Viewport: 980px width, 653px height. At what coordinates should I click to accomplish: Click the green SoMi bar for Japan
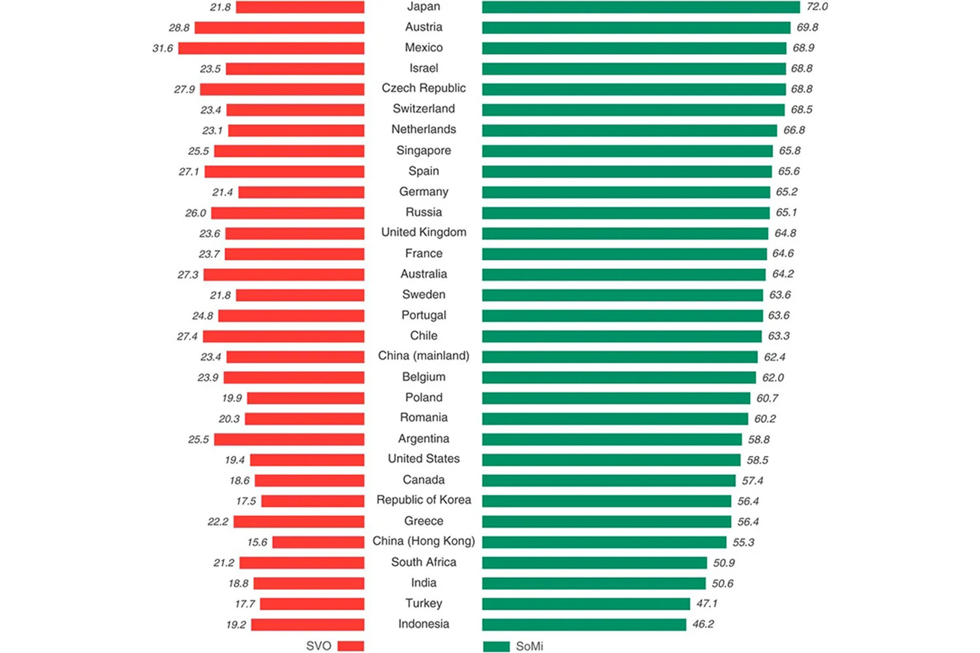pyautogui.click(x=640, y=7)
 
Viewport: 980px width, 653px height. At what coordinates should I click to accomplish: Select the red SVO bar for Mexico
pyautogui.click(x=271, y=48)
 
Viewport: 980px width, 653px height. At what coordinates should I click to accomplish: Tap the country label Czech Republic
pyautogui.click(x=423, y=88)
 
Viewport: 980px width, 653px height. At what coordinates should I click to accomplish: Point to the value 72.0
pyautogui.click(x=817, y=7)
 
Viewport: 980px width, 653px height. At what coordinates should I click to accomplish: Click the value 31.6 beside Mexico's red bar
pyautogui.click(x=163, y=48)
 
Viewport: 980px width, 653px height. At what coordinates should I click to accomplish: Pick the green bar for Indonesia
pyautogui.click(x=584, y=625)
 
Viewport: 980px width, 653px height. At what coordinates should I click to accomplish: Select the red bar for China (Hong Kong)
pyautogui.click(x=318, y=542)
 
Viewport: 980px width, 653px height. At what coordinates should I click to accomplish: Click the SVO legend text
pyautogui.click(x=319, y=646)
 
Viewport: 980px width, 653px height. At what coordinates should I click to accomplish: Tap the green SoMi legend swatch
pyautogui.click(x=496, y=646)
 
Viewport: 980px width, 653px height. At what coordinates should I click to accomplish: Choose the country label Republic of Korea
pyautogui.click(x=423, y=500)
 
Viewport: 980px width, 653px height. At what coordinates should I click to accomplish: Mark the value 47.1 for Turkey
pyautogui.click(x=706, y=604)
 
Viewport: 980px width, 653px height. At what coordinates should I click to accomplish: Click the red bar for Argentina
pyautogui.click(x=289, y=439)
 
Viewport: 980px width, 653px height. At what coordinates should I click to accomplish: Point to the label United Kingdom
pyautogui.click(x=423, y=232)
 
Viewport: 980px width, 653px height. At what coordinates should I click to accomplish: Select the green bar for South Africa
pyautogui.click(x=595, y=563)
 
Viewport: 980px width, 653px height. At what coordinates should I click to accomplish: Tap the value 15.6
pyautogui.click(x=257, y=543)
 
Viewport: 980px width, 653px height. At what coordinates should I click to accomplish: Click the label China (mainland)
pyautogui.click(x=423, y=356)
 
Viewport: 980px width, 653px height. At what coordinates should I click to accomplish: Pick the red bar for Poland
pyautogui.click(x=305, y=398)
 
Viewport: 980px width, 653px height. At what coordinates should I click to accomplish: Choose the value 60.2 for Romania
pyautogui.click(x=765, y=419)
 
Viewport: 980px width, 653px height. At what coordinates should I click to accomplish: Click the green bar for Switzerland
pyautogui.click(x=633, y=110)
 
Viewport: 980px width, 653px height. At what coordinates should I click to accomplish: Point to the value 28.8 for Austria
pyautogui.click(x=179, y=28)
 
